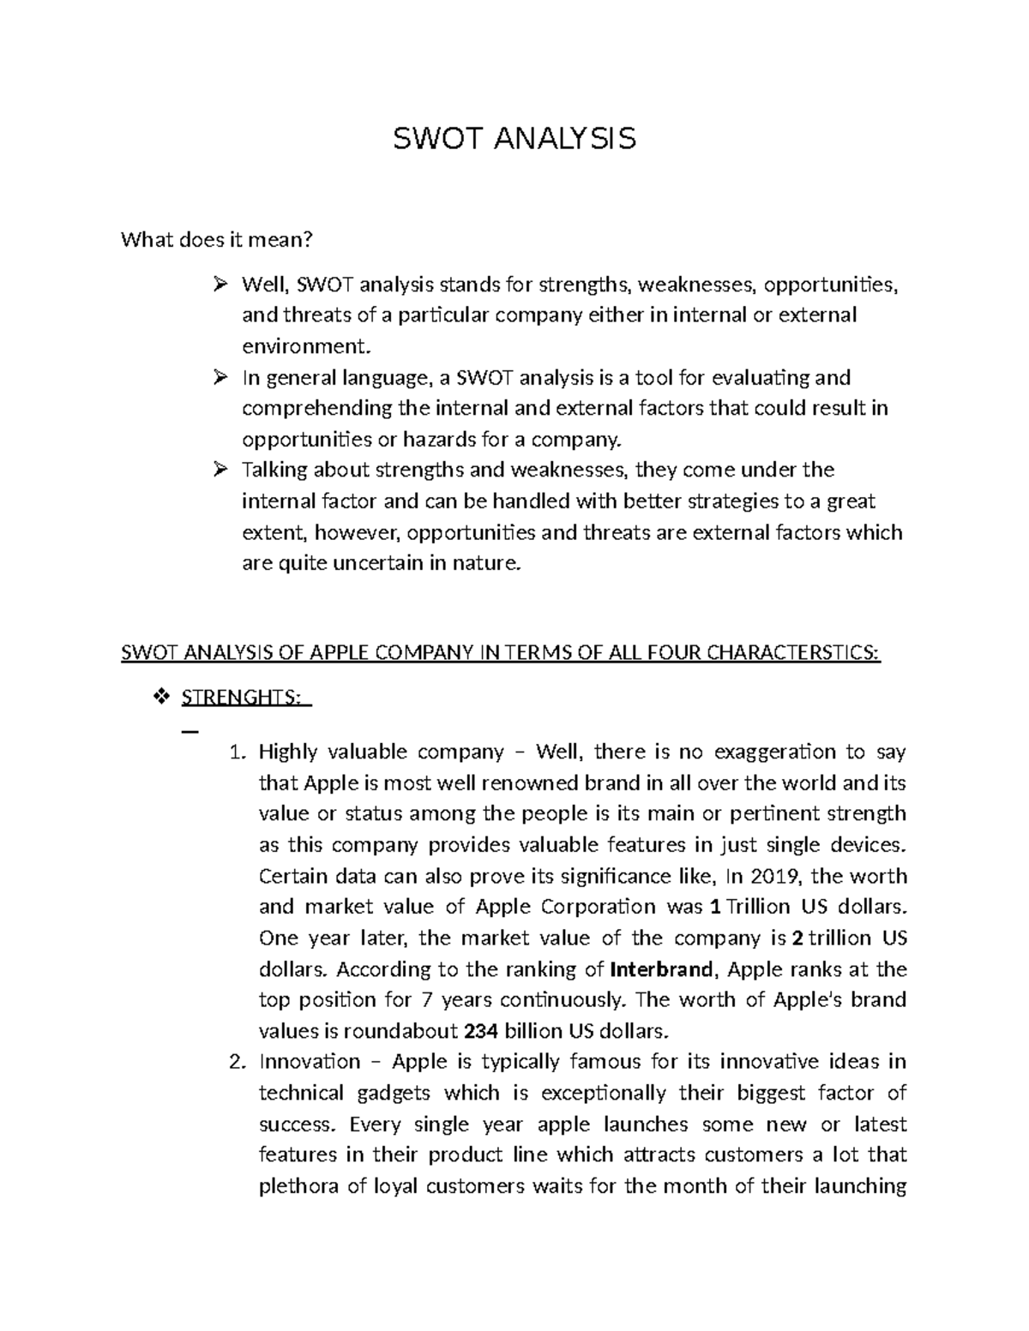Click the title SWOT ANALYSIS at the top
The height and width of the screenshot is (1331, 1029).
(514, 138)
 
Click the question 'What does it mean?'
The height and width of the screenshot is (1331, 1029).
(217, 240)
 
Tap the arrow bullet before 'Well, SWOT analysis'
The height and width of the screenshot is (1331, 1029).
(220, 284)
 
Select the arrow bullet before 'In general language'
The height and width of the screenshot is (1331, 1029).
(220, 377)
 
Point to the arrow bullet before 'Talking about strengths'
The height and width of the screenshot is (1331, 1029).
(220, 470)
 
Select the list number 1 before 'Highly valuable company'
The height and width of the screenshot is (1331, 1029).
(238, 752)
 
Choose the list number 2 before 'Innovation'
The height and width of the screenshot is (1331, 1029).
(238, 1063)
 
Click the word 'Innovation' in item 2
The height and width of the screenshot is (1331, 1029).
(310, 1063)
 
